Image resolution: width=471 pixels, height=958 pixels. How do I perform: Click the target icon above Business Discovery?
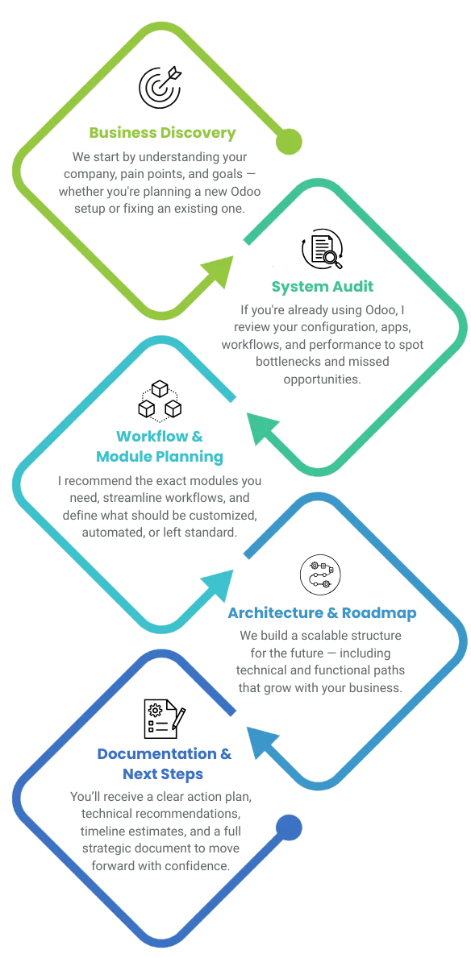tap(160, 86)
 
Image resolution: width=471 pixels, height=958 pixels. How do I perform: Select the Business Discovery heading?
tap(162, 133)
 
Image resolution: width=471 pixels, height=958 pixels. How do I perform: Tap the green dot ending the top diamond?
tap(289, 141)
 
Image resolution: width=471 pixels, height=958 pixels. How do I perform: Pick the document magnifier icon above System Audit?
tap(323, 249)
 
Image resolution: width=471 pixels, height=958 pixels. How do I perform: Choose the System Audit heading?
tap(323, 287)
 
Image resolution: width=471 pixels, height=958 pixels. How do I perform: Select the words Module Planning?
tap(160, 456)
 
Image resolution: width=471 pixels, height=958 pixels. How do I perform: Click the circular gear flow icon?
tap(320, 575)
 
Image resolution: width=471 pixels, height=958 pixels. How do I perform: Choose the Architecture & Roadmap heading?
tap(323, 613)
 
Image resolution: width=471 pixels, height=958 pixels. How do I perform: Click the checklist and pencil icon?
tap(165, 719)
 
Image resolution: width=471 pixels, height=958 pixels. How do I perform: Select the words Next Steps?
tap(163, 774)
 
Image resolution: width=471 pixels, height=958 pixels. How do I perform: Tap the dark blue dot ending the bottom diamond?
tap(289, 827)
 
